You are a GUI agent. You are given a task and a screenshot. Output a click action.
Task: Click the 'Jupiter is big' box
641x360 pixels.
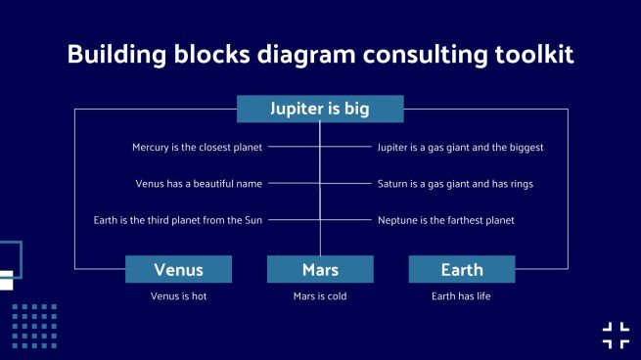(x=320, y=109)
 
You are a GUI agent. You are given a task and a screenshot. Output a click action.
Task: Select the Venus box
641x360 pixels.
(x=178, y=269)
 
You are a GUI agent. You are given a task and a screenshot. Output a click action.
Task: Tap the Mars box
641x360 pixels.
(x=320, y=269)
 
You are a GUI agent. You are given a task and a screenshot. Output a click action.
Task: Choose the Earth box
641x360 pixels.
(x=461, y=269)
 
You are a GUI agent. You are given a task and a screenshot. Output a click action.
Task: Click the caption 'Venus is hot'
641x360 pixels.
(x=178, y=295)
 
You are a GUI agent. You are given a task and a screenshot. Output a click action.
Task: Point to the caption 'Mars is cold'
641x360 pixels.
(x=320, y=295)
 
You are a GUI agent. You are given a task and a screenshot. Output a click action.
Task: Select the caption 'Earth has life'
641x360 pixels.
(x=461, y=295)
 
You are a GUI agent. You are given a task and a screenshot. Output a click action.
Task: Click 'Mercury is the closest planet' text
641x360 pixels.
(x=198, y=148)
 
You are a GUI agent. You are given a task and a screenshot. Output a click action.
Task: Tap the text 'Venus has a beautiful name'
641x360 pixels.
(x=199, y=184)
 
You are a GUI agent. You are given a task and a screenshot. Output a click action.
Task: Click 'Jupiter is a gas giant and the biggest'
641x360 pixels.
(x=460, y=148)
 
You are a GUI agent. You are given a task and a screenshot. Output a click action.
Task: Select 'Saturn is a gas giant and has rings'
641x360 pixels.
(x=455, y=184)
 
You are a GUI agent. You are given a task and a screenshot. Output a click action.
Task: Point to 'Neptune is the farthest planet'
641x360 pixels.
(x=445, y=220)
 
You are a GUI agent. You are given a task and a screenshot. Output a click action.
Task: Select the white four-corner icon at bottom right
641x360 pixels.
(x=616, y=335)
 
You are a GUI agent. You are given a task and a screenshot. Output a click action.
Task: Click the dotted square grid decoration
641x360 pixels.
(x=34, y=326)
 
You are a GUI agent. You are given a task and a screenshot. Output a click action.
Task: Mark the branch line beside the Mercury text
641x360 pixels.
(x=294, y=148)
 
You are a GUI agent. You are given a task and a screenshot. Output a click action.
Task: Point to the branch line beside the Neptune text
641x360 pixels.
(x=347, y=220)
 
